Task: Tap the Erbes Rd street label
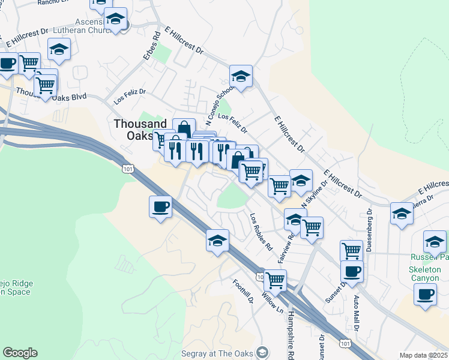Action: coord(155,47)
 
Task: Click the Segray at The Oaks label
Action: coord(221,352)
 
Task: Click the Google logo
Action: coord(20,353)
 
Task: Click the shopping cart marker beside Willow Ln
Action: coord(275,279)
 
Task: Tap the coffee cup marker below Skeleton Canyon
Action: coord(426,295)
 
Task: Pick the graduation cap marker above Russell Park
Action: coord(435,241)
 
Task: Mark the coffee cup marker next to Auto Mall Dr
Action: coord(352,271)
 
